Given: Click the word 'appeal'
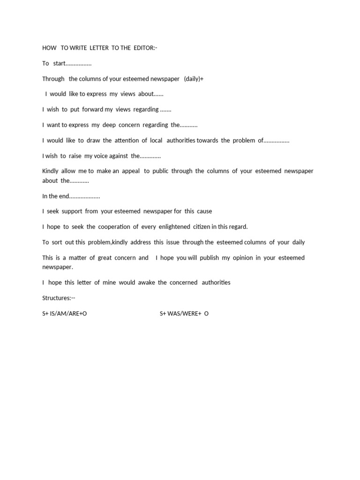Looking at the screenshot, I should pyautogui.click(x=131, y=171).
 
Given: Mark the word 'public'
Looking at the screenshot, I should pyautogui.click(x=160, y=171).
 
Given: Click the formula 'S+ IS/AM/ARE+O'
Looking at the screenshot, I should pyautogui.click(x=64, y=314).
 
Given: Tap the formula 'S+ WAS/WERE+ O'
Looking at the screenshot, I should pyautogui.click(x=184, y=314).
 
